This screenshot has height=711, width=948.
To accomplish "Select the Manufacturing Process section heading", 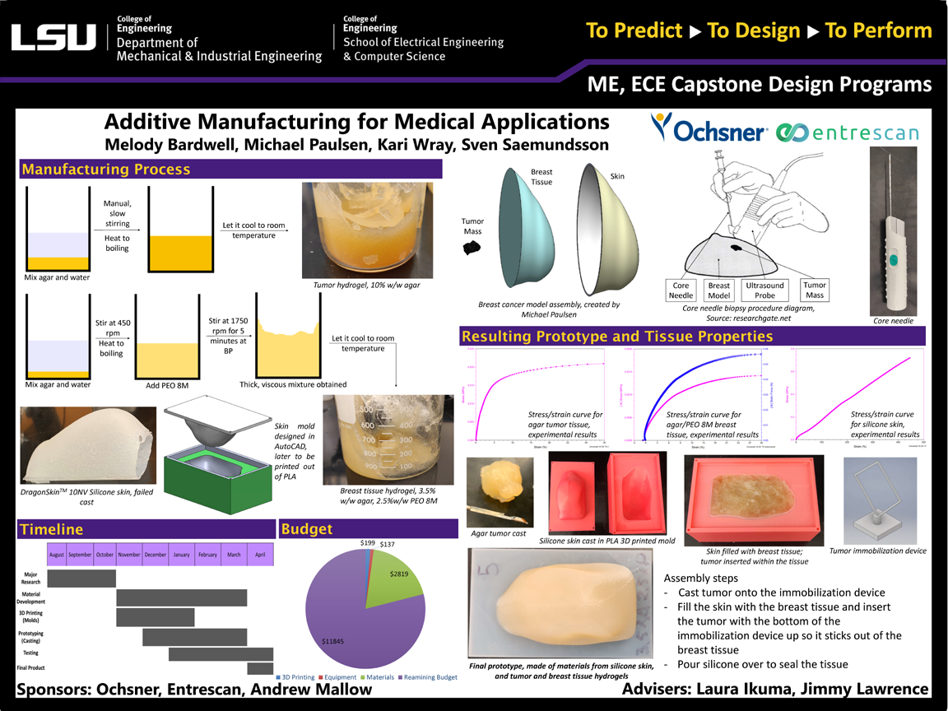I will click(106, 170).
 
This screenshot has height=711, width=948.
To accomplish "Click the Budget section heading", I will click(307, 529).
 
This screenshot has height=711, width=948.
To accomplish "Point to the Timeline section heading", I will click(52, 529).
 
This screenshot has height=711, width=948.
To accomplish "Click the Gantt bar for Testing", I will click(207, 653).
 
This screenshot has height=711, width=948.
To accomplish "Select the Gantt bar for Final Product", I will click(260, 668).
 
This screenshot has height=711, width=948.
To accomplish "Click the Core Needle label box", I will click(681, 290).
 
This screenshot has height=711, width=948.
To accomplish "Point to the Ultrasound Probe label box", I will click(766, 290).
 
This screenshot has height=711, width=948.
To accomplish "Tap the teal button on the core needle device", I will click(894, 259).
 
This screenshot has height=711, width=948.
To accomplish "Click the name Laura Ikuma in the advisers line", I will click(747, 690).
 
